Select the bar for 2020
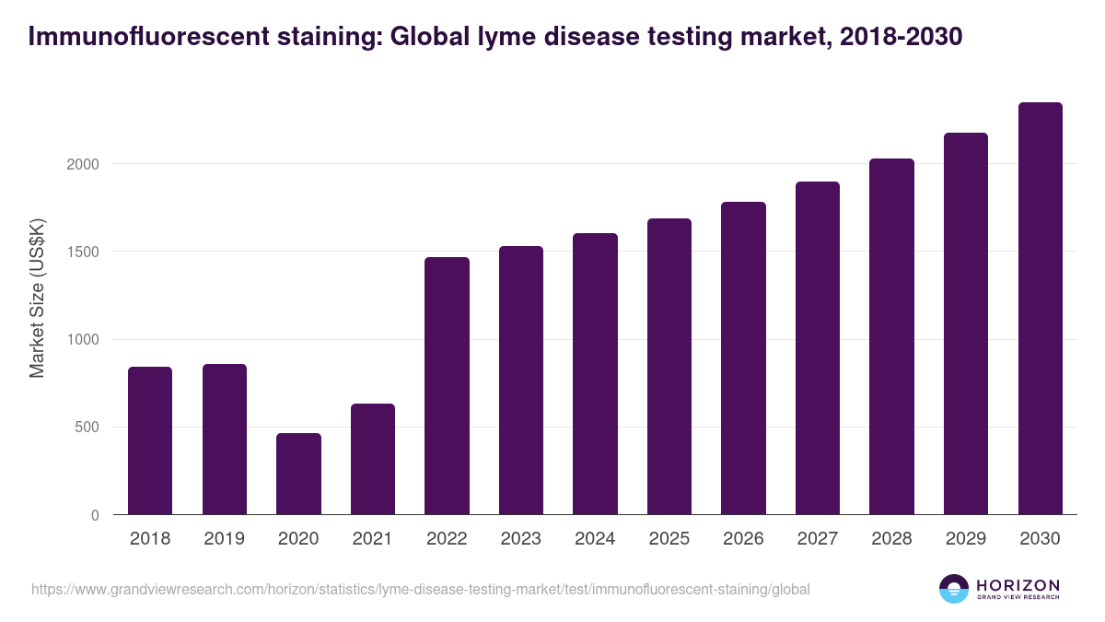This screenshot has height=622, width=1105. [298, 474]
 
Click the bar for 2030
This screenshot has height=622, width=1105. [1040, 309]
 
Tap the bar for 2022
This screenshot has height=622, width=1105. [447, 386]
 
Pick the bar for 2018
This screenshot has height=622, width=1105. [150, 440]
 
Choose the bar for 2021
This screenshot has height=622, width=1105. [373, 459]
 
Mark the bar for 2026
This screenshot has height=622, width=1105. [743, 358]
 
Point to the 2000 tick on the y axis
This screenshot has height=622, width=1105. [83, 164]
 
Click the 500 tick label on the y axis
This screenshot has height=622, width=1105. [87, 428]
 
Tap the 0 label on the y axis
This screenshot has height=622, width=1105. [95, 515]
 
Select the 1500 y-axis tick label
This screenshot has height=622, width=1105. [83, 252]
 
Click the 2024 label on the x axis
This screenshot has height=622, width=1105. [595, 539]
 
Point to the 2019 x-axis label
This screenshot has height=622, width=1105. [225, 539]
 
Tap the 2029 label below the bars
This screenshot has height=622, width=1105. [966, 539]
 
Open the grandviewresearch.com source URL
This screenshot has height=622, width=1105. [421, 589]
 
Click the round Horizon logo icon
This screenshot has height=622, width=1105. [954, 589]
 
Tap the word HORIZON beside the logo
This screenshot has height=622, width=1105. [1018, 584]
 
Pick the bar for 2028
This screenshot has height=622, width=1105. [891, 337]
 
